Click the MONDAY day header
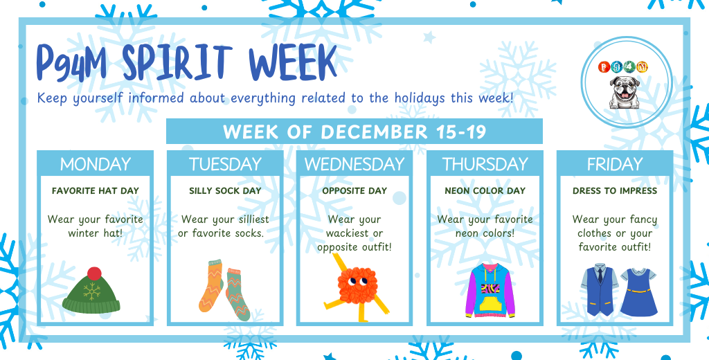[96, 164]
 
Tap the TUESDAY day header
[225, 164]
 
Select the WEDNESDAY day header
[354, 164]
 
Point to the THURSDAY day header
[485, 164]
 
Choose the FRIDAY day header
[615, 164]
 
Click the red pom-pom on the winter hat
[94, 273]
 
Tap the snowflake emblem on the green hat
[92, 291]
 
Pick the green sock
[237, 294]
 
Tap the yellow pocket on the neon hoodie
[490, 303]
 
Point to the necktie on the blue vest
[600, 275]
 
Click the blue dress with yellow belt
[638, 292]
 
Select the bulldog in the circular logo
[625, 92]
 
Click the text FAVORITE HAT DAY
[95, 191]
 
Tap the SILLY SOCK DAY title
[225, 191]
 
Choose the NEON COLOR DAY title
[485, 191]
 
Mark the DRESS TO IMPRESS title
[615, 191]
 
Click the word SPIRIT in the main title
[177, 63]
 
